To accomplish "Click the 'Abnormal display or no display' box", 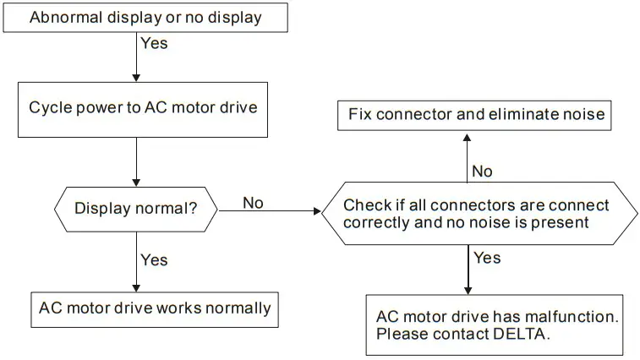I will click(145, 17).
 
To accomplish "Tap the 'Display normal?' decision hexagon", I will click(135, 208).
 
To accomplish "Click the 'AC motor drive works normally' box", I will click(155, 308).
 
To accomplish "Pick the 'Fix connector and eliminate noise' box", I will click(477, 114).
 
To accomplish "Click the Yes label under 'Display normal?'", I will click(154, 260).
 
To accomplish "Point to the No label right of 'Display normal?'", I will click(254, 202).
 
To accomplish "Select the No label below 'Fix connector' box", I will click(482, 172).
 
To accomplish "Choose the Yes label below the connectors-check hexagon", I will click(487, 258).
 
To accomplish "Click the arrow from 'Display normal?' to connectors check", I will click(271, 210).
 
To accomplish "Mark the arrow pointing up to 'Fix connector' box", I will click(467, 156).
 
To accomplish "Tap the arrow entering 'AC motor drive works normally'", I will click(136, 270).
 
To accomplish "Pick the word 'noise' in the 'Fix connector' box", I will click(584, 114).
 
